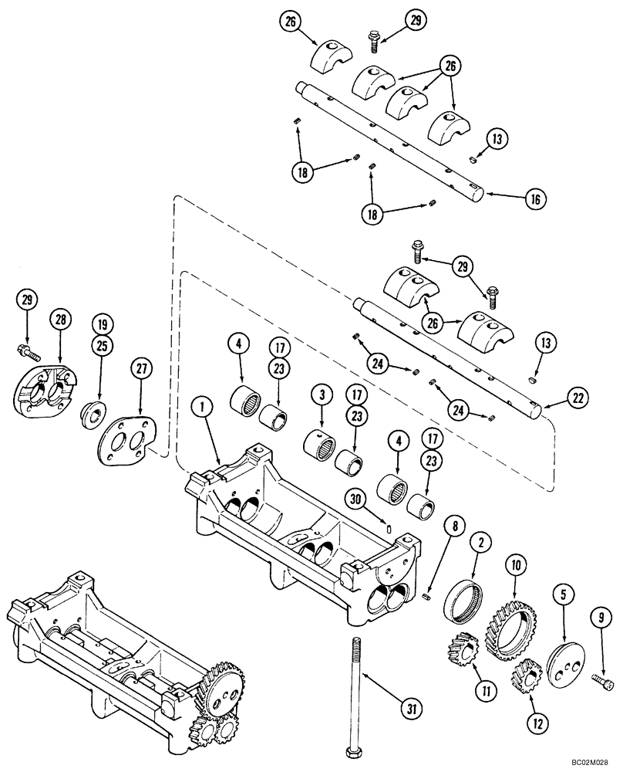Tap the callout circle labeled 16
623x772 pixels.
(534, 198)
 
